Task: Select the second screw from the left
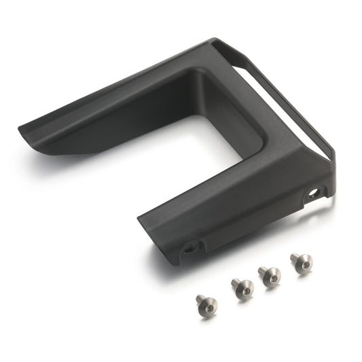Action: tap(242, 287)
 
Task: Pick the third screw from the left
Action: tap(269, 276)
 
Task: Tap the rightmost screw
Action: tap(301, 261)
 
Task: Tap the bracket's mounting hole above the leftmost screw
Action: tap(189, 247)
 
